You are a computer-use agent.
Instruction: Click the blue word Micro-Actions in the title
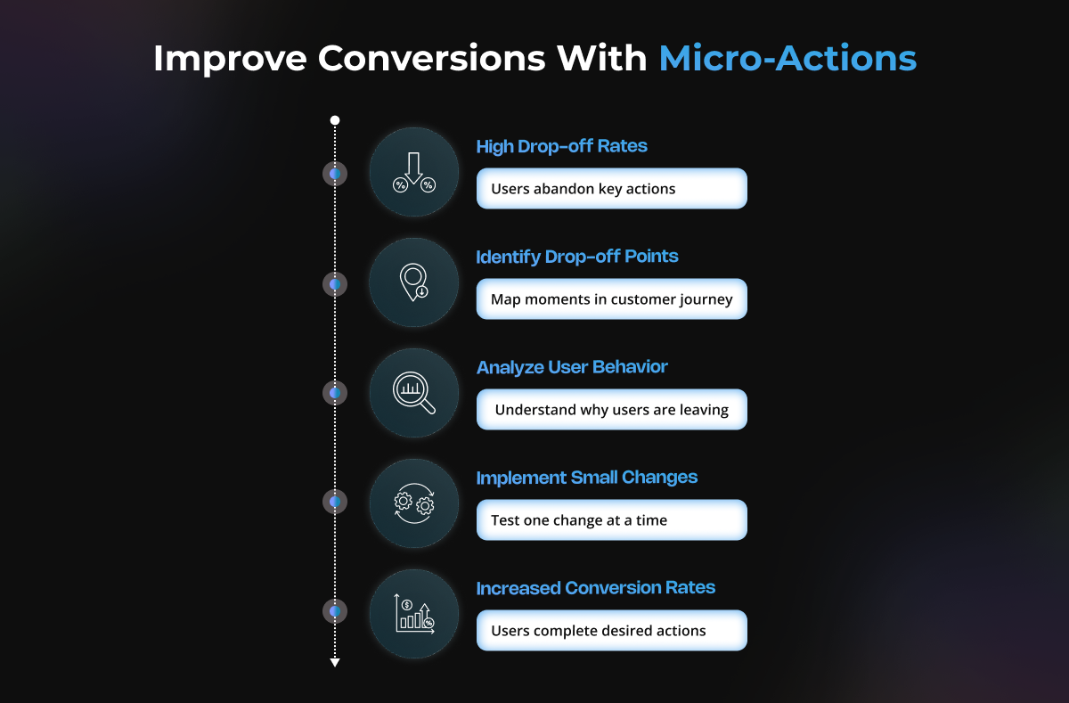click(787, 58)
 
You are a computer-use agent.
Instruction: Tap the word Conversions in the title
click(431, 58)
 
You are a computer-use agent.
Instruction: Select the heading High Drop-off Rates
click(562, 146)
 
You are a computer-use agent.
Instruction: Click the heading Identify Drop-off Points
click(577, 257)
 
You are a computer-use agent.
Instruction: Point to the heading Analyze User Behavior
click(572, 367)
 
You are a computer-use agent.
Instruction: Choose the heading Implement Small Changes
click(586, 478)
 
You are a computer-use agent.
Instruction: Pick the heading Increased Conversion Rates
click(596, 587)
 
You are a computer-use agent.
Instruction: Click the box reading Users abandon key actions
click(611, 189)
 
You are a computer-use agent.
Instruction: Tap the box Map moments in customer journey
click(611, 299)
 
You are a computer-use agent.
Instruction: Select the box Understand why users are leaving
click(611, 410)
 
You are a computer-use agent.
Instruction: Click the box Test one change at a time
click(611, 520)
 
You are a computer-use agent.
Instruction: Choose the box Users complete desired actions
click(611, 631)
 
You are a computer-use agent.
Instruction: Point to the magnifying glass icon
click(413, 393)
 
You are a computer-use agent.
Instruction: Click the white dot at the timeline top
click(335, 120)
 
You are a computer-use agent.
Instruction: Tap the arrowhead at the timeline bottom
click(335, 662)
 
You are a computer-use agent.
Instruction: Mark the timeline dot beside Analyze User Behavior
click(335, 393)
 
